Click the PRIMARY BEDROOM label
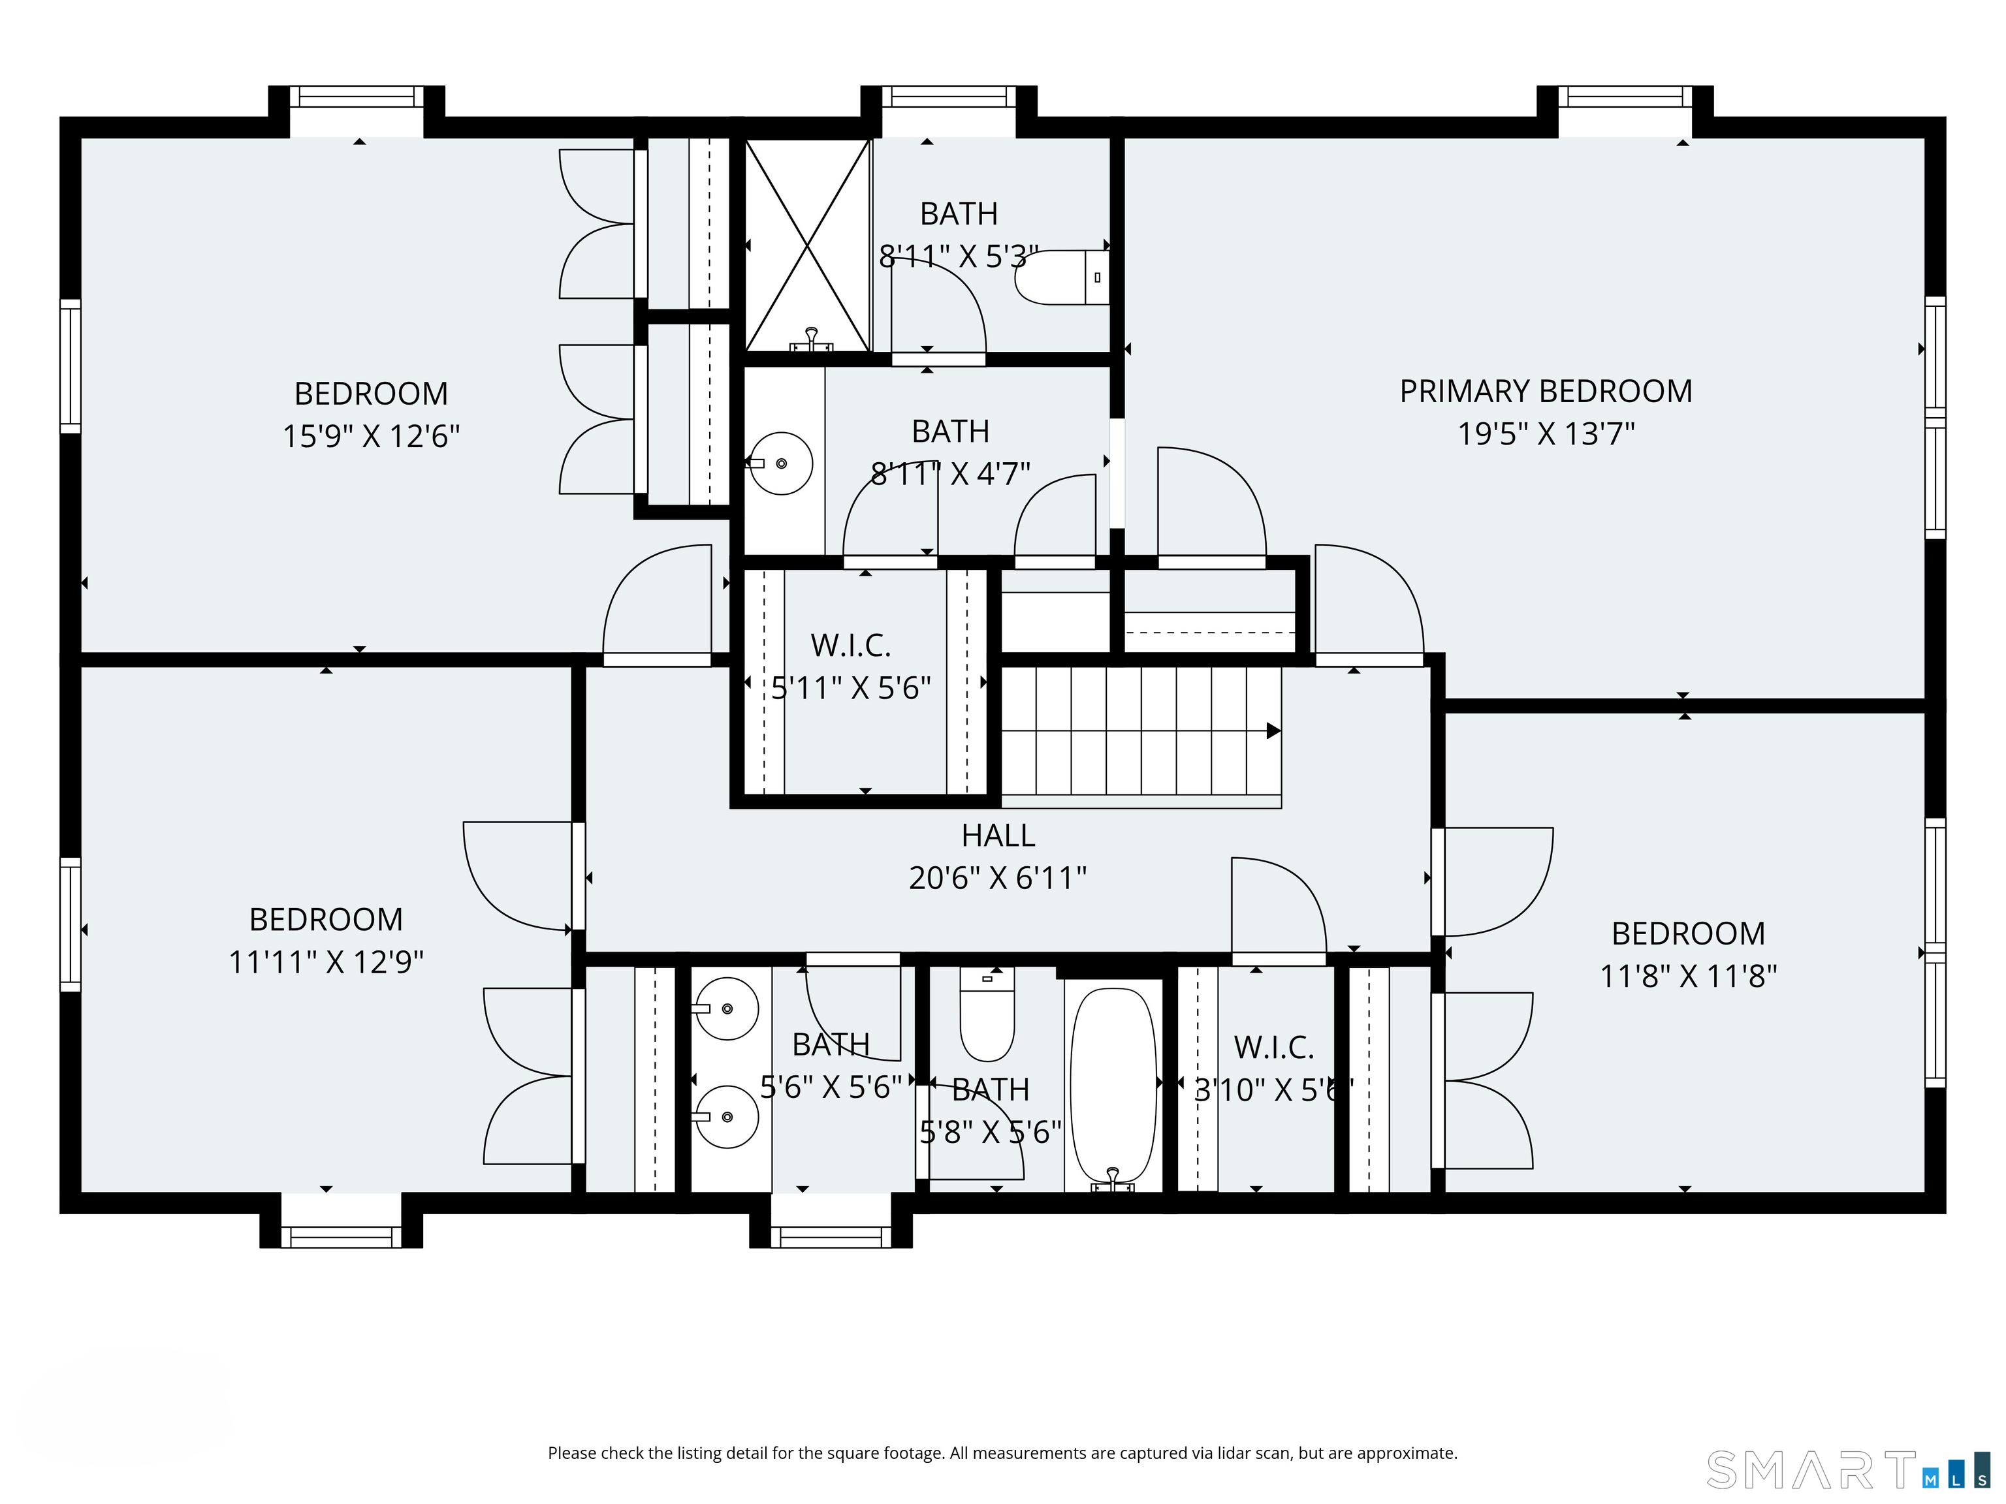click(x=1545, y=391)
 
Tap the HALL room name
click(x=998, y=835)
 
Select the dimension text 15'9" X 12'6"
click(x=371, y=436)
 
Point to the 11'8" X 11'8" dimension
click(x=1688, y=975)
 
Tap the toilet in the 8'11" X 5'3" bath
click(x=1061, y=277)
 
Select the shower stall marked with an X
click(x=807, y=245)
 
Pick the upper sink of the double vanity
click(x=725, y=1008)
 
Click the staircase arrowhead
click(x=1274, y=730)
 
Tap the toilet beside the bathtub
click(x=987, y=1014)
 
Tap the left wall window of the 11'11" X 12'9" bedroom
click(x=71, y=925)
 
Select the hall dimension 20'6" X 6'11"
click(x=998, y=877)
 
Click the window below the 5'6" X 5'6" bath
click(x=831, y=1236)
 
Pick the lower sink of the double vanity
click(x=725, y=1117)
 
